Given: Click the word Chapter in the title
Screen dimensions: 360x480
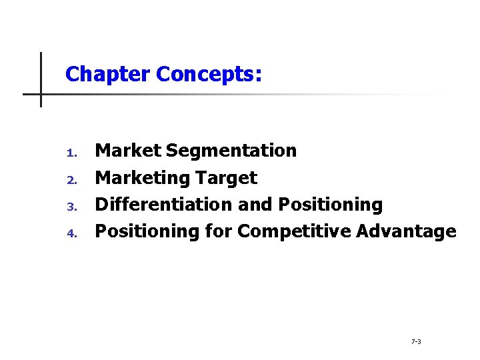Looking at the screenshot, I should pos(108,73).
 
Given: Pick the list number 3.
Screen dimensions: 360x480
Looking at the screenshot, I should pos(73,207).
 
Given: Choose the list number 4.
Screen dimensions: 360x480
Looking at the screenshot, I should pos(73,233).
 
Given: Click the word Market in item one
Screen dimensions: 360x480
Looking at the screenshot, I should pos(129,151).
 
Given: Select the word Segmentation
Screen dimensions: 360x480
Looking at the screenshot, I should pos(231,151).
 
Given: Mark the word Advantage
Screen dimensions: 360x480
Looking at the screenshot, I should pos(406,231).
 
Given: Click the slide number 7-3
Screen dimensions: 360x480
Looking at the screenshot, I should pos(416,341).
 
